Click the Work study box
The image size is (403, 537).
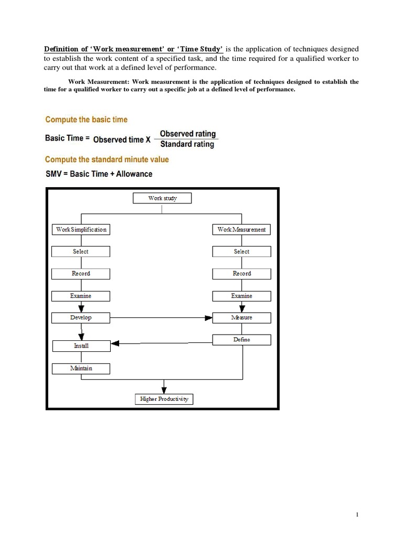tap(162, 198)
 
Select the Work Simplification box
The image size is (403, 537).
tap(81, 229)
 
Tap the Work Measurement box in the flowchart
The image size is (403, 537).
tap(241, 229)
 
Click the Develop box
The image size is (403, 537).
tap(81, 318)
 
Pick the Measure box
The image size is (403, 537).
tap(241, 318)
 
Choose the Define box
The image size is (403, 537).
tap(241, 340)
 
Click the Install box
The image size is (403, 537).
tap(81, 346)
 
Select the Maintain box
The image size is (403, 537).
tap(81, 368)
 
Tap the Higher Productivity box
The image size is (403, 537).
tap(164, 399)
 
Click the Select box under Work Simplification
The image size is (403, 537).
tap(81, 252)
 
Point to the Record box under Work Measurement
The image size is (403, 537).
tap(241, 274)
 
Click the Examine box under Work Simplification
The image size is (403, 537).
tap(81, 296)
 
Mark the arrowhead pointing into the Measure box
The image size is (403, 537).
tap(209, 318)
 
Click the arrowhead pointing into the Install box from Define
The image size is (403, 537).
tap(115, 343)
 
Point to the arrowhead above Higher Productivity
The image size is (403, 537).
tap(164, 390)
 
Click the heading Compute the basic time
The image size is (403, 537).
tap(86, 120)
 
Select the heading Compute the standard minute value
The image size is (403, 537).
tap(107, 159)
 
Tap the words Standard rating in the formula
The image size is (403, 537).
tap(187, 144)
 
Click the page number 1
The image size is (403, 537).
tap(357, 515)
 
